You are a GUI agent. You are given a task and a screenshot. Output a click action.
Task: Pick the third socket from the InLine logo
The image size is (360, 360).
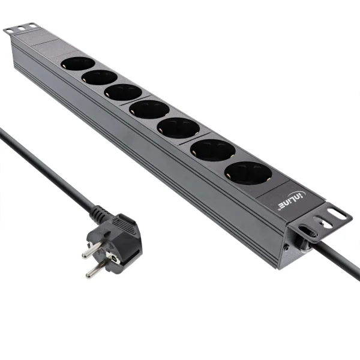[x=178, y=127]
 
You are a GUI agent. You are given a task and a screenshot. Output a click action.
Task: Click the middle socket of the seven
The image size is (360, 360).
[x=149, y=109]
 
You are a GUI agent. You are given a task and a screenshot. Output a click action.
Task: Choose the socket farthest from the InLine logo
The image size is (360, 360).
[x=78, y=63]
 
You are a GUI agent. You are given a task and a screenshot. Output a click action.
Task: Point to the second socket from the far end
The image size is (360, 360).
[x=100, y=77]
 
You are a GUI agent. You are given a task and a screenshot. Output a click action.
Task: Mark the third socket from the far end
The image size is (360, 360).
[x=122, y=92]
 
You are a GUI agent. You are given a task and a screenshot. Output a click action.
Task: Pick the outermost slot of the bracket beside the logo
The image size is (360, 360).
[x=340, y=215]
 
